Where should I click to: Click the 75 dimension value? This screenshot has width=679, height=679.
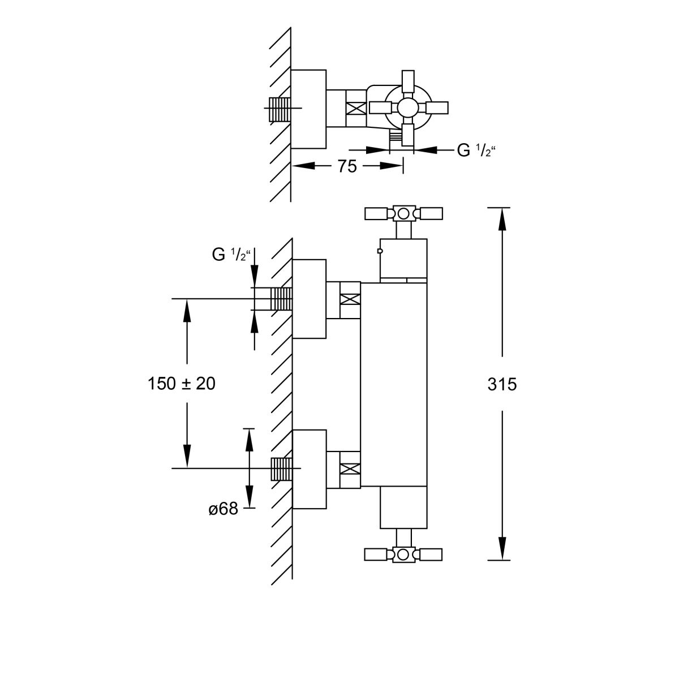pos(347,166)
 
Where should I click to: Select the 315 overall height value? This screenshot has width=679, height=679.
pos(502,384)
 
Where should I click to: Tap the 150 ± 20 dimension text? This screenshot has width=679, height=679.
pos(182,384)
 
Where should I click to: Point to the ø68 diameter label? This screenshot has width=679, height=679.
pos(222,510)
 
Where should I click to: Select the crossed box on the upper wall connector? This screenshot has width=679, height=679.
pos(350,299)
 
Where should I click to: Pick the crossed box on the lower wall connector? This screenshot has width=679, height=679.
pos(350,469)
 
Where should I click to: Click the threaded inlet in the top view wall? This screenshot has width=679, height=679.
pos(279,108)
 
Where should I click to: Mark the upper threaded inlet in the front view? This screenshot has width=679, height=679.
pos(282,298)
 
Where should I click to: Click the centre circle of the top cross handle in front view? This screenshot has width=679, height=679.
pos(403,213)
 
